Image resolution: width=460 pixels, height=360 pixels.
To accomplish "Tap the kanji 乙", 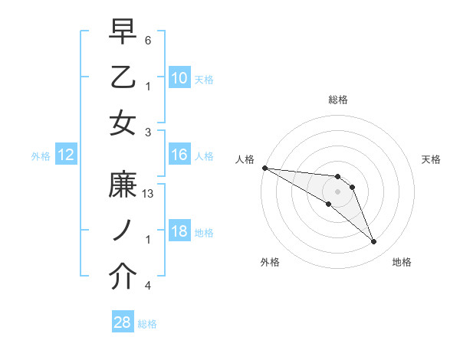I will coord(123,77).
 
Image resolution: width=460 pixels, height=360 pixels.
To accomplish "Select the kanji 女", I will coord(123,123).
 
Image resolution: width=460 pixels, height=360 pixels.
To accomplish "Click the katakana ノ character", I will coord(123,232).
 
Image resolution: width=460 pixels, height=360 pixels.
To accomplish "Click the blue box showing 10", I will coord(179,78).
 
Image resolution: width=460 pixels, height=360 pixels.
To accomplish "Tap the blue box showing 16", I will coord(179,155).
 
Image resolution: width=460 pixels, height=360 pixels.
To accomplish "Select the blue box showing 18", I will coord(179,232).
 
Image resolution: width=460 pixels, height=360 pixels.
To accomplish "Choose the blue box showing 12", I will coord(66,155).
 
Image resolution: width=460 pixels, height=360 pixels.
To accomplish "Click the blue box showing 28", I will coord(123,323).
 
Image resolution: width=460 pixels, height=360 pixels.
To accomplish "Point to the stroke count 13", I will coord(149,194).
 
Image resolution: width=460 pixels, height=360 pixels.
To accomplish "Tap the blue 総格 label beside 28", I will coord(147,324).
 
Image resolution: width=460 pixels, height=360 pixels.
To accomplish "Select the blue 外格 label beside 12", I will coord(41,156).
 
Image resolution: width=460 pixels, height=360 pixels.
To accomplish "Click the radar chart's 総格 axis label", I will coord(338,100).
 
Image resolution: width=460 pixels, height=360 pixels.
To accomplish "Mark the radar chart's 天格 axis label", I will coord(432,159).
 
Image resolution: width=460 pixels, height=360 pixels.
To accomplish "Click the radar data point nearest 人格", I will coord(264,168).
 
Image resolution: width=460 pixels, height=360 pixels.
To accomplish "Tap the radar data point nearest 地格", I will coord(373,242).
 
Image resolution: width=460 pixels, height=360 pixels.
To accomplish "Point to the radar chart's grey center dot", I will coord(338,191).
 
